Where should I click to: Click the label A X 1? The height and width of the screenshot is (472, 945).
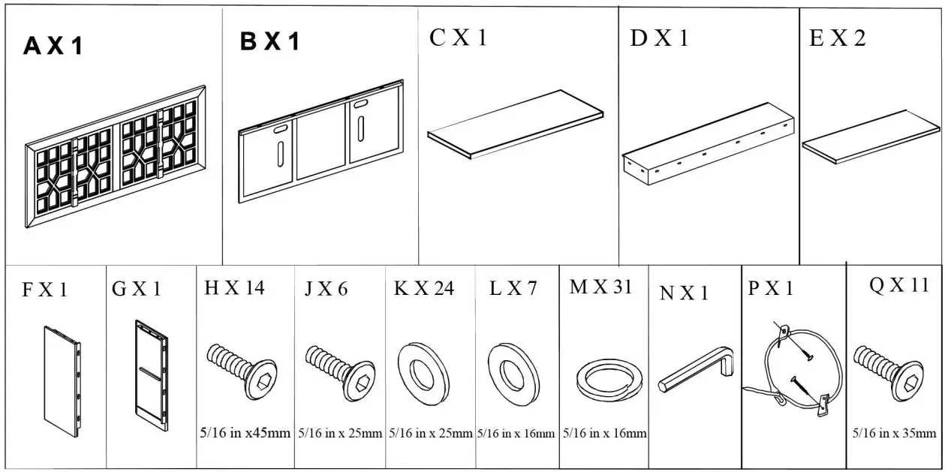(x=53, y=47)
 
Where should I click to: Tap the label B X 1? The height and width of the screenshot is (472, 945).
(x=269, y=42)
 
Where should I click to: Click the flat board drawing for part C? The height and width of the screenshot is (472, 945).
(x=516, y=124)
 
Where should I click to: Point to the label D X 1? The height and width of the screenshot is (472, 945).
(x=659, y=39)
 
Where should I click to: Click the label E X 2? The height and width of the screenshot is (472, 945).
(x=837, y=39)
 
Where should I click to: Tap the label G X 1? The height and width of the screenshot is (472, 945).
(x=136, y=289)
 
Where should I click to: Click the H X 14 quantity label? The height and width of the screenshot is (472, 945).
(x=234, y=288)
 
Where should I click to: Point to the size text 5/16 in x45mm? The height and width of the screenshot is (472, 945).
(x=245, y=434)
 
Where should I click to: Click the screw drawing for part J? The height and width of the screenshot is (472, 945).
(x=339, y=367)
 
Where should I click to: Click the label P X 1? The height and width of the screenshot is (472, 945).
(x=771, y=289)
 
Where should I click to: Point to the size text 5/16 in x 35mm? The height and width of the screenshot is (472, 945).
(x=894, y=434)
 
